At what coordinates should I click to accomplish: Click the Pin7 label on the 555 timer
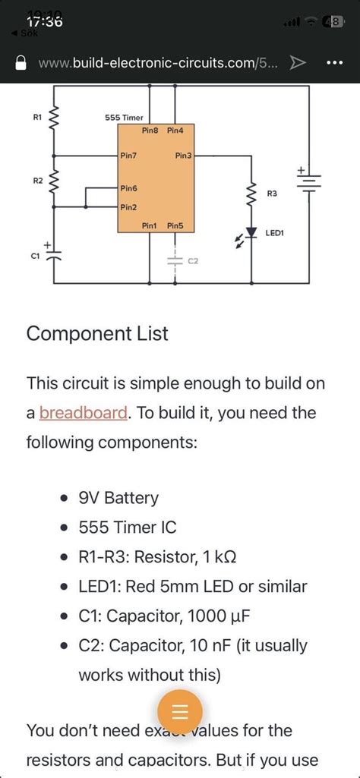tap(129, 156)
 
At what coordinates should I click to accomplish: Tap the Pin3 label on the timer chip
tap(184, 156)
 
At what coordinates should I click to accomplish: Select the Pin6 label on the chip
tap(129, 187)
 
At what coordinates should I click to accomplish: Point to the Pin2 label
tap(129, 206)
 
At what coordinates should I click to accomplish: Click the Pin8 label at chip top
tap(150, 131)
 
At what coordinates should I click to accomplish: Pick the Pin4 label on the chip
tap(175, 131)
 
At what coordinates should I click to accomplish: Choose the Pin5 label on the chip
tap(175, 225)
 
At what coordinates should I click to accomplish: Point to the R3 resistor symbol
tap(248, 194)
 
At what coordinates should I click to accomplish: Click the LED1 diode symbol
tap(248, 234)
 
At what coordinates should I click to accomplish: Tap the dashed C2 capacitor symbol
tap(175, 260)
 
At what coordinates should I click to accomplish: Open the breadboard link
tap(83, 413)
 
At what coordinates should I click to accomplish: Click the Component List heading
tap(97, 333)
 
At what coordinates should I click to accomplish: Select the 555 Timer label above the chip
tap(124, 118)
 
